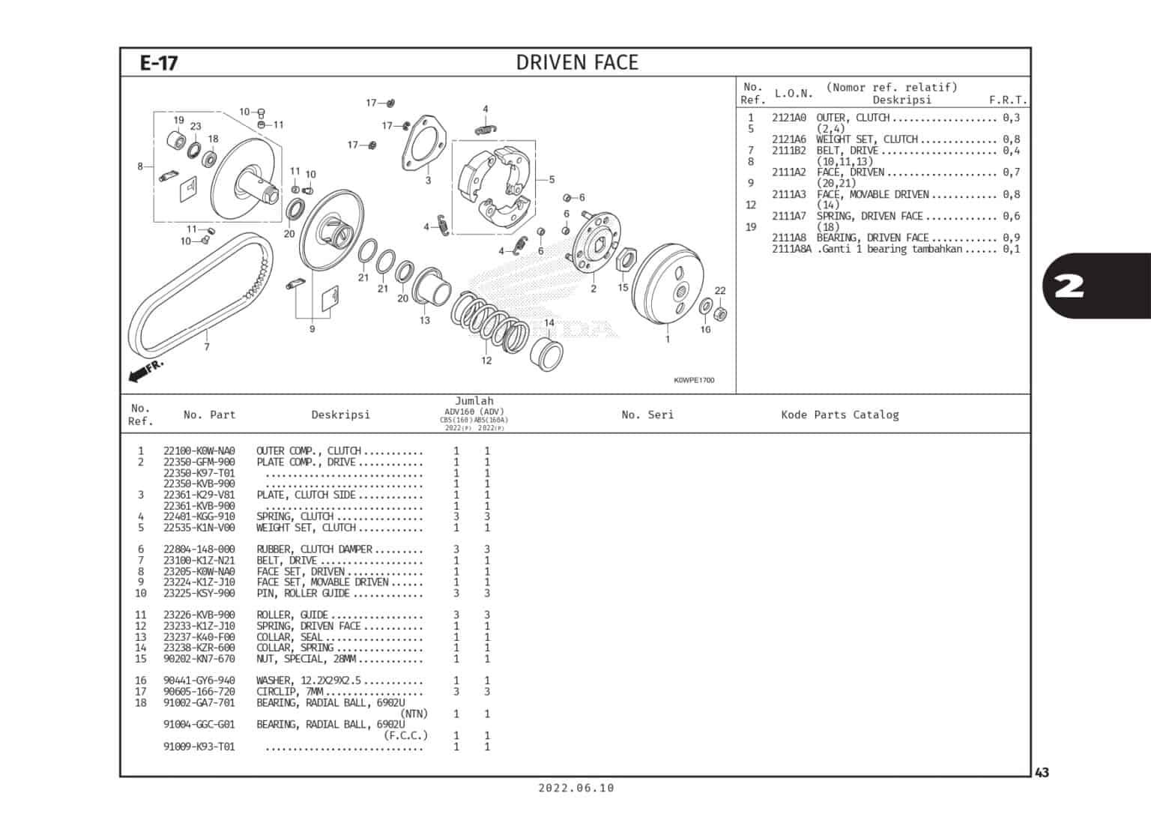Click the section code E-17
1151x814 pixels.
pyautogui.click(x=159, y=63)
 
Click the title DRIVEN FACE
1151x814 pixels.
pyautogui.click(x=577, y=63)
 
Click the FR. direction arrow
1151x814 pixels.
pyautogui.click(x=145, y=370)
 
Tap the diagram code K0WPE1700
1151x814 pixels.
pyautogui.click(x=693, y=380)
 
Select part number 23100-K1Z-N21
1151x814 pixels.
pyautogui.click(x=199, y=561)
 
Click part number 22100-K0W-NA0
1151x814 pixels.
pyautogui.click(x=199, y=451)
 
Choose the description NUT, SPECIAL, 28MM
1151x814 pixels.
pyautogui.click(x=306, y=659)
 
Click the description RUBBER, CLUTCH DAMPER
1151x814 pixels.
pyautogui.click(x=315, y=549)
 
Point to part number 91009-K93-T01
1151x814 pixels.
pyautogui.click(x=199, y=747)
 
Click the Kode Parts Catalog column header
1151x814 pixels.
pyautogui.click(x=839, y=414)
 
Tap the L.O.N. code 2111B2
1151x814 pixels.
pyautogui.click(x=789, y=151)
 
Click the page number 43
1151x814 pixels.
pyautogui.click(x=1042, y=773)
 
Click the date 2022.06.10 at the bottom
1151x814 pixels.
pyautogui.click(x=575, y=788)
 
